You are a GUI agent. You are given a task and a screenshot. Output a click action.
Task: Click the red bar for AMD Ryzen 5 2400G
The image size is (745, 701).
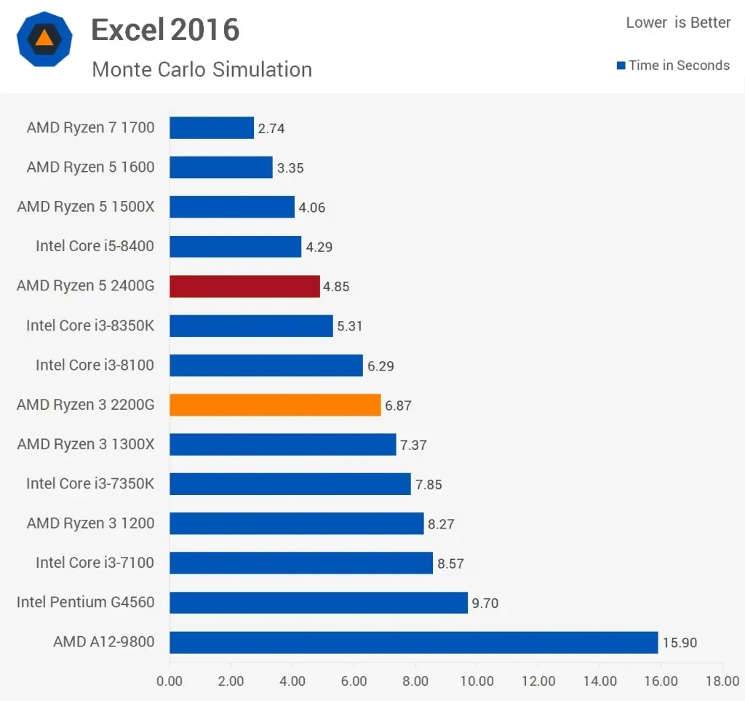(244, 286)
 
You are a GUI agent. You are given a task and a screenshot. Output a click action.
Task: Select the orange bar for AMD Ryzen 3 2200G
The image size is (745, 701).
(275, 405)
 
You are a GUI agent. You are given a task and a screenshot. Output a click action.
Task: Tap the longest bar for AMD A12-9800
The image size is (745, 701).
(413, 642)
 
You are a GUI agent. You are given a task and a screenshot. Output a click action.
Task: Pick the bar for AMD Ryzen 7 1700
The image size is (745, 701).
(212, 128)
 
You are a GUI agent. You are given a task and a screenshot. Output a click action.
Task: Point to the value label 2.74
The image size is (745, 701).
(271, 129)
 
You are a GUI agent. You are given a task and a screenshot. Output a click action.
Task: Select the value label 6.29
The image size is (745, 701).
(381, 366)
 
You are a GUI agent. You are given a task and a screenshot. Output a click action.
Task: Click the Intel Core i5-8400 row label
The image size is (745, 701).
(95, 246)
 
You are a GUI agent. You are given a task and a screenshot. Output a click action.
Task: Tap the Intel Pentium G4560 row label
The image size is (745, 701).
(85, 602)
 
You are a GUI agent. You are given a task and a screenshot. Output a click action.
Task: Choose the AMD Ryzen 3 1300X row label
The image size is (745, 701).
(86, 444)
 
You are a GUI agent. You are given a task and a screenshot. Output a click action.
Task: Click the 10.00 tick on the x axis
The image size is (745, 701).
(477, 681)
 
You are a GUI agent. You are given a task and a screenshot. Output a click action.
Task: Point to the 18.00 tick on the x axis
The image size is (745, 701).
(722, 681)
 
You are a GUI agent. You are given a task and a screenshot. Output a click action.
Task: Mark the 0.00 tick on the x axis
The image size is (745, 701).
(170, 681)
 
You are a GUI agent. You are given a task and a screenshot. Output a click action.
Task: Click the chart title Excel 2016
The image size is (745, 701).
(165, 30)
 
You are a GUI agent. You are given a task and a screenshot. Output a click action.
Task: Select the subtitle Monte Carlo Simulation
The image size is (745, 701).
(202, 69)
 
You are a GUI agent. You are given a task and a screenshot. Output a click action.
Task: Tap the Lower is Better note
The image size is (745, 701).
(678, 23)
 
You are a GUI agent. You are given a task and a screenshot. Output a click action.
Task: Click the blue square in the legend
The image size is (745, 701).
(621, 66)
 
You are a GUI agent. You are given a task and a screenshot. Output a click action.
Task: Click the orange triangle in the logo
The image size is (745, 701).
(44, 39)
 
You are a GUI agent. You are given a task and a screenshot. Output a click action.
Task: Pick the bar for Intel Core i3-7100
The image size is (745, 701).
(300, 563)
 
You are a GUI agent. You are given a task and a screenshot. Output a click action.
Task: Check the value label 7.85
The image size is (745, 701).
(428, 484)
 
